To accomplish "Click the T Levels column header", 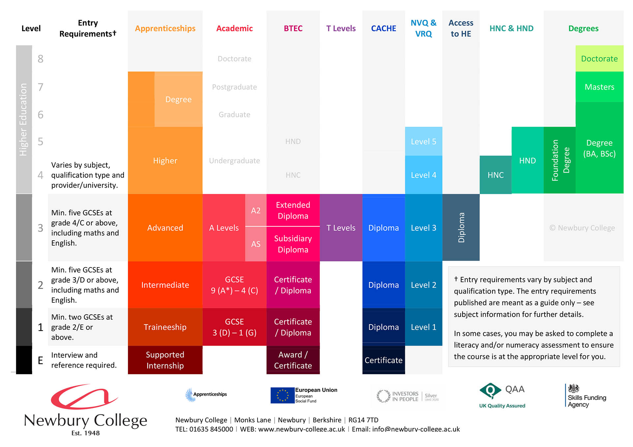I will pos(341,29).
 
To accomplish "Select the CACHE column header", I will pos(383,29).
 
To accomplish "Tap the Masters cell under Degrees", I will pos(599,87).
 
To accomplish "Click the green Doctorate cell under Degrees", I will pos(599,59).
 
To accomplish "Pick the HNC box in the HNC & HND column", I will pos(495,175).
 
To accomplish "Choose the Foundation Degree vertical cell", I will pos(559,160).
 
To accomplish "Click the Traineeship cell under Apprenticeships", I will pos(165,327).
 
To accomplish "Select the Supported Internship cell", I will pos(165,360).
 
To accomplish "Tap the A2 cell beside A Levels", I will pos(256,210).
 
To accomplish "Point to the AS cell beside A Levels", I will pos(256,244).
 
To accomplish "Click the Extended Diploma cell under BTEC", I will pos(293,210).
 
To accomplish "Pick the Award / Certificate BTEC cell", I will pos(293,360).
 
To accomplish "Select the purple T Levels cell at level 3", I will pos(341,228).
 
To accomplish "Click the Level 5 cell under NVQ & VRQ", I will pos(423,142).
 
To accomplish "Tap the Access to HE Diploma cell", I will pos(461,228).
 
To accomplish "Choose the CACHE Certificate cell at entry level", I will pos(383,360).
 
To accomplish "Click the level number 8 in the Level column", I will pos(41,59).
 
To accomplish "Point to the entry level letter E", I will pos(41,360).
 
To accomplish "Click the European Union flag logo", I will pos(282,395).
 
